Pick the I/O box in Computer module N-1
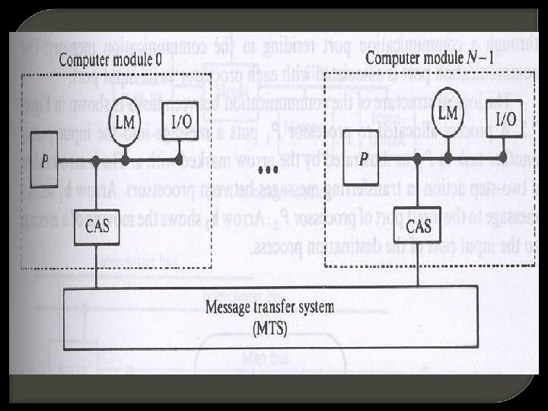[x=505, y=119]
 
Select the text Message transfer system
[x=269, y=308]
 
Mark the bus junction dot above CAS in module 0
[x=97, y=161]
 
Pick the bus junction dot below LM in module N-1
[x=448, y=160]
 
